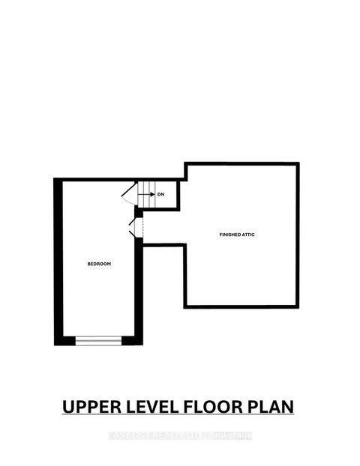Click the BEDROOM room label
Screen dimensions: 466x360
(99, 264)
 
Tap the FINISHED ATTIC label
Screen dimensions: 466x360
(237, 234)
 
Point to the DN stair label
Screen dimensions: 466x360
(160, 194)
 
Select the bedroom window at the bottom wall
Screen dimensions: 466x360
(98, 341)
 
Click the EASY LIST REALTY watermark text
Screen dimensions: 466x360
(180, 436)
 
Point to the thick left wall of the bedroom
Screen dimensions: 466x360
(58, 262)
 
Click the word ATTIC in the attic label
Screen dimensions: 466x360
(248, 234)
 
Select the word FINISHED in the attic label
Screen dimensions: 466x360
(229, 234)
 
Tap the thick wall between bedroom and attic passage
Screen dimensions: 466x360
(138, 285)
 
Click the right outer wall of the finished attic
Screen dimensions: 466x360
(298, 234)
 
